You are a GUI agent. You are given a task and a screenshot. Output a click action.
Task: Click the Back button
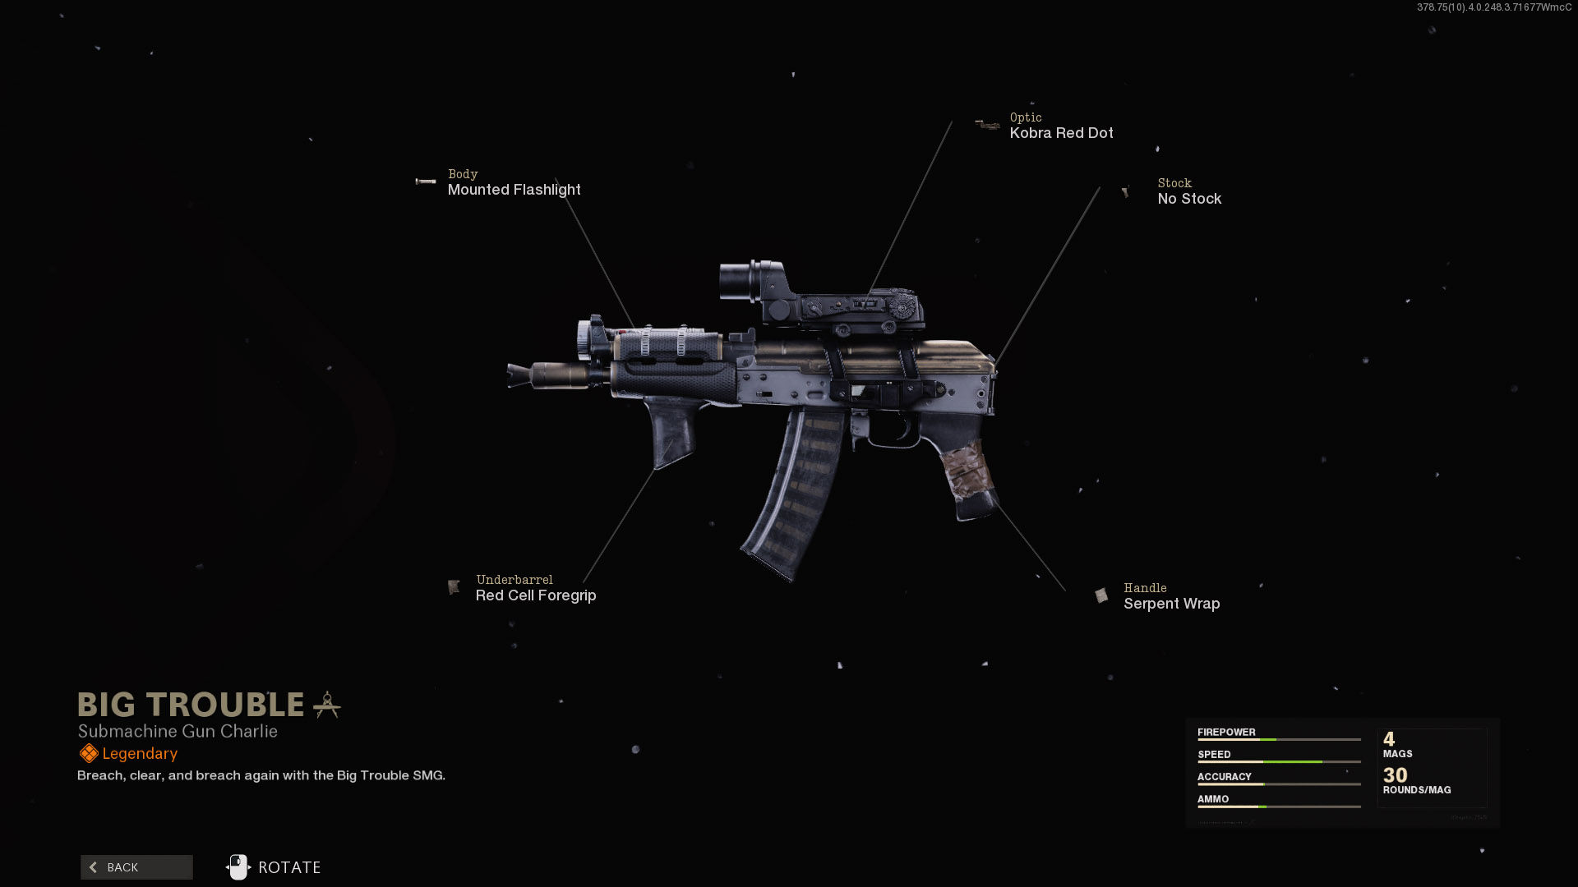tap(136, 867)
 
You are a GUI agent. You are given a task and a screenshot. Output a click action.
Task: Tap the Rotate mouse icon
tap(238, 867)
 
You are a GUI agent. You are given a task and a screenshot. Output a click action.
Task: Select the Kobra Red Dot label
tap(1061, 133)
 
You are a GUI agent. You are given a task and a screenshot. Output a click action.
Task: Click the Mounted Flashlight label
tap(514, 190)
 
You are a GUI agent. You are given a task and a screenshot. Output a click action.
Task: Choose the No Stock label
tap(1189, 199)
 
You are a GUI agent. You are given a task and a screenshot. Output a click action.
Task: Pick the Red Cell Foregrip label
tap(536, 595)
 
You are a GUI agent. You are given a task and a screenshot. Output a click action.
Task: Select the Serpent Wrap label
tap(1171, 604)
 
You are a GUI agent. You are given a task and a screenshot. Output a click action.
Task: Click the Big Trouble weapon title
tap(191, 705)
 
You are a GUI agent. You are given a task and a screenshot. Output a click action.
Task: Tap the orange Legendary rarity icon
tap(89, 753)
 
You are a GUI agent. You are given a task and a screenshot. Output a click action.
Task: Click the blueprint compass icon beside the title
tap(327, 705)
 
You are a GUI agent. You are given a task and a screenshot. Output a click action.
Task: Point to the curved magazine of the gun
tap(793, 493)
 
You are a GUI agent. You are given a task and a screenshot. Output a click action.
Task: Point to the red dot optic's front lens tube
tap(737, 281)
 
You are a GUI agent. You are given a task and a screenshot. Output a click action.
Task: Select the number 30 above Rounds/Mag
tap(1395, 775)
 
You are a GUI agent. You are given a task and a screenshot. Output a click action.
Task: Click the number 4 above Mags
tap(1389, 739)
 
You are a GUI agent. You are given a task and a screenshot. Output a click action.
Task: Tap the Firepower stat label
tap(1226, 732)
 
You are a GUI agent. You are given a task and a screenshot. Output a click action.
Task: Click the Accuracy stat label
tap(1224, 776)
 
